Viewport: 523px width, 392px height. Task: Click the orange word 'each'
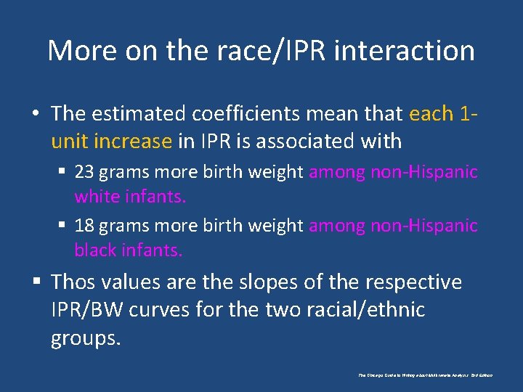pyautogui.click(x=432, y=114)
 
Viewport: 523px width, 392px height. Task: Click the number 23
pyautogui.click(x=84, y=172)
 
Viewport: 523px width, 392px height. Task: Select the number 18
pyautogui.click(x=84, y=226)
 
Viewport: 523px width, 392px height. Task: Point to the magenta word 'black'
pyautogui.click(x=93, y=250)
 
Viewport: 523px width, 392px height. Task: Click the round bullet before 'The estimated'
pyautogui.click(x=35, y=115)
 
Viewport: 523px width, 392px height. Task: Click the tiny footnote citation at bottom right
pyautogui.click(x=425, y=375)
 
